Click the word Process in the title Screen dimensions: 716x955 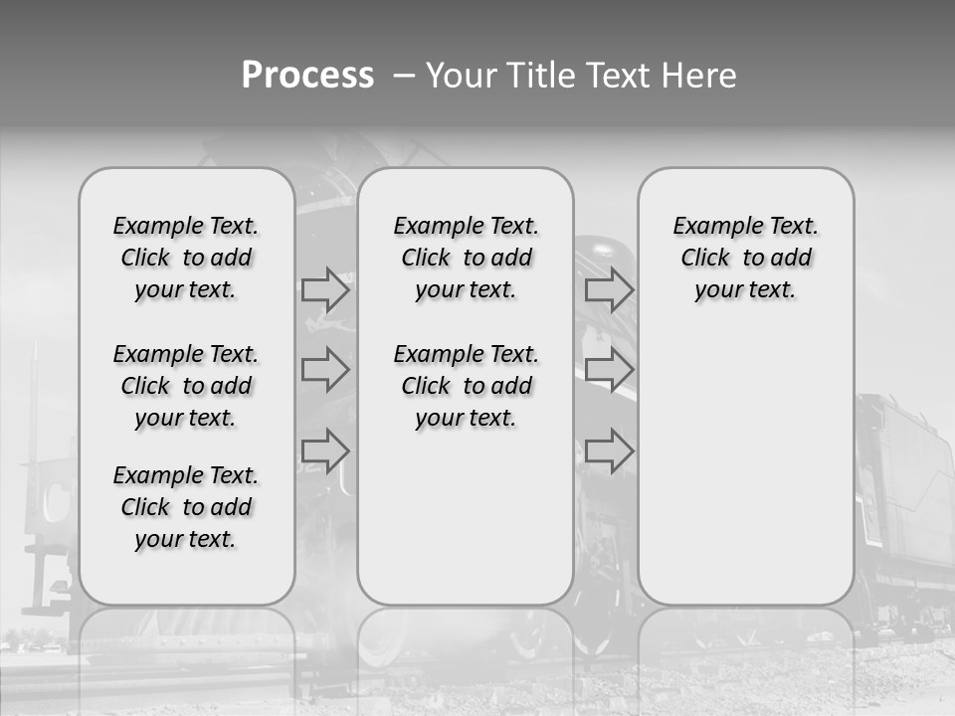(x=307, y=75)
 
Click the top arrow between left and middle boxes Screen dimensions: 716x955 (x=325, y=289)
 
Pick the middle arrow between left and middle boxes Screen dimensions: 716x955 (x=325, y=370)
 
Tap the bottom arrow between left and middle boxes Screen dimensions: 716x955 (x=325, y=450)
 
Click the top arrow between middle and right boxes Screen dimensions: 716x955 (x=609, y=289)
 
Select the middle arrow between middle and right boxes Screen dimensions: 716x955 (x=609, y=370)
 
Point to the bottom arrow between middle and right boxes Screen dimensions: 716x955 (x=609, y=450)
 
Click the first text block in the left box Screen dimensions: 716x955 (x=186, y=258)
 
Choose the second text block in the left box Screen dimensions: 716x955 (x=186, y=386)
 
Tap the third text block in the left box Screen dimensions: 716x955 (x=186, y=507)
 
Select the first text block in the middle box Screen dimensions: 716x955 (x=466, y=258)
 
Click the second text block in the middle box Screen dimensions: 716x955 (x=466, y=386)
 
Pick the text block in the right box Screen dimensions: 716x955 (x=746, y=258)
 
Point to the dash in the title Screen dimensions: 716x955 (x=404, y=76)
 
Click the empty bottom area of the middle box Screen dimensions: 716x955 (x=466, y=527)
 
